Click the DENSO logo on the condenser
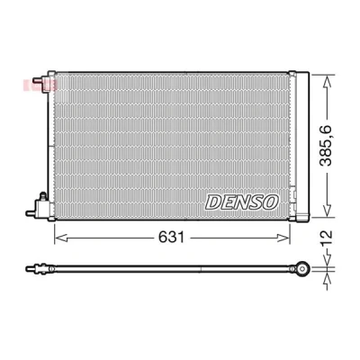click(242, 202)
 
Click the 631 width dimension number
click(171, 238)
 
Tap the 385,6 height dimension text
click(326, 145)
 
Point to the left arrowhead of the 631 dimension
click(60, 238)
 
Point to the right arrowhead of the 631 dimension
click(283, 238)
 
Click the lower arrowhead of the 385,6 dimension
click(327, 210)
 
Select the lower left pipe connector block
click(42, 207)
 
